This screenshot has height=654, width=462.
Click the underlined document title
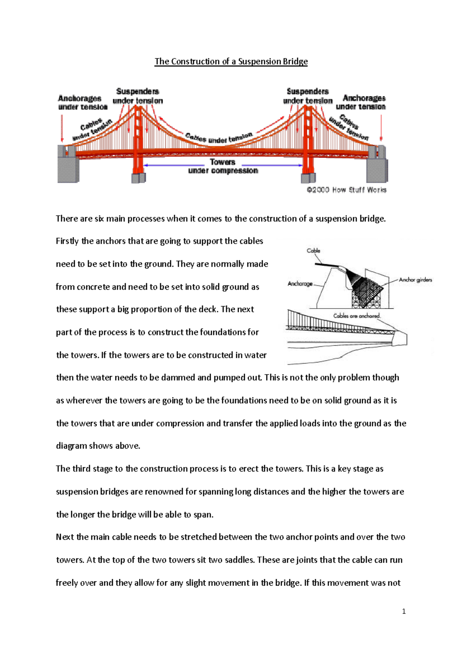[x=231, y=62]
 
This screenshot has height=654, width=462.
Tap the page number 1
[x=403, y=611]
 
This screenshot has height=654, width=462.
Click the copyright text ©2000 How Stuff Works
[x=346, y=190]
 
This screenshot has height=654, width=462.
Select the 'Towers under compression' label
[x=223, y=166]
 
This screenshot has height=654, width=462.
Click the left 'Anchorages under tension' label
[x=82, y=102]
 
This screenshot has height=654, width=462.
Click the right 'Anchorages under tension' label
[x=361, y=102]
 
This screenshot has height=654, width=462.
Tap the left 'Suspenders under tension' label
[x=137, y=96]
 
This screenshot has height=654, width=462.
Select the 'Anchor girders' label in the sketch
[x=415, y=280]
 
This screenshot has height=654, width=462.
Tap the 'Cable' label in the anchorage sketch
[x=313, y=251]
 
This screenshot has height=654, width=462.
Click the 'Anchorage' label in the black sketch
[x=300, y=284]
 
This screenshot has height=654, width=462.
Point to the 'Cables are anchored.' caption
[x=357, y=316]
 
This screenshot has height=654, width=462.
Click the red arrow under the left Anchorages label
[x=62, y=128]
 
